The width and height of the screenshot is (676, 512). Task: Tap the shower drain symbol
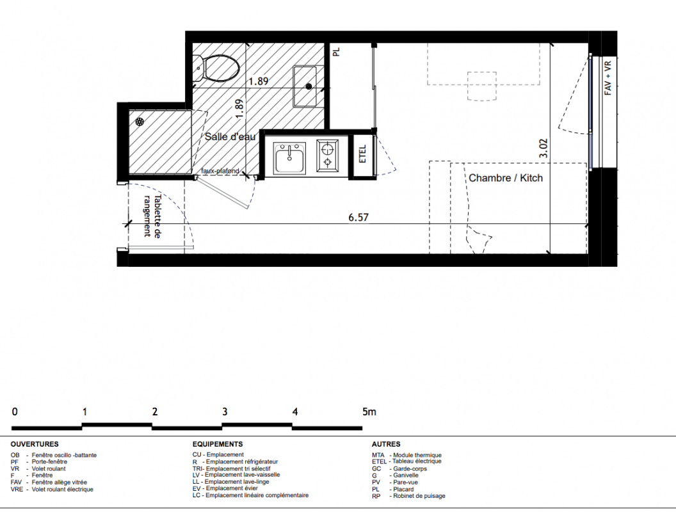coord(140,122)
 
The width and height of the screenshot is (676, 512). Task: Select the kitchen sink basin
coord(290,158)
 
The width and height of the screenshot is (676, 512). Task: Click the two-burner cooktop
coord(328,155)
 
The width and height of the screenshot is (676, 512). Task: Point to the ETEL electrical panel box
coord(362,154)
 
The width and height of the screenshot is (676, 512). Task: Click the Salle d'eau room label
coord(230,136)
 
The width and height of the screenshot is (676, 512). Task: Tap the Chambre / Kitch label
coord(506,178)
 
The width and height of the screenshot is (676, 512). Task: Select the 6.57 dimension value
coord(358,217)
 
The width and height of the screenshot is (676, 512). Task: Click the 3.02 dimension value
coord(543,148)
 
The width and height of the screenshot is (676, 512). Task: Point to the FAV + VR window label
coord(608,78)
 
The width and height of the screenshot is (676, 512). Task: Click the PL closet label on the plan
coord(337,52)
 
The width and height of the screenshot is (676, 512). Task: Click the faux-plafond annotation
coord(220,171)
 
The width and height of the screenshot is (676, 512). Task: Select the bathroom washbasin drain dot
coord(309,86)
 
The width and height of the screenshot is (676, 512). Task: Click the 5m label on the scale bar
coord(369,412)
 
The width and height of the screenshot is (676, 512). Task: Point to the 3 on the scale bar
coord(225,412)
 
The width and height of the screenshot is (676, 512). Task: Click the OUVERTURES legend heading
coord(35,444)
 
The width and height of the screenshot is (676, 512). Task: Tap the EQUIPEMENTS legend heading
coord(218,444)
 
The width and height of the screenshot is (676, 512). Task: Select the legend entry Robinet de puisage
coord(408,496)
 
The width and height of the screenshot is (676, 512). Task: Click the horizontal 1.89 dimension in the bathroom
coord(258,81)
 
